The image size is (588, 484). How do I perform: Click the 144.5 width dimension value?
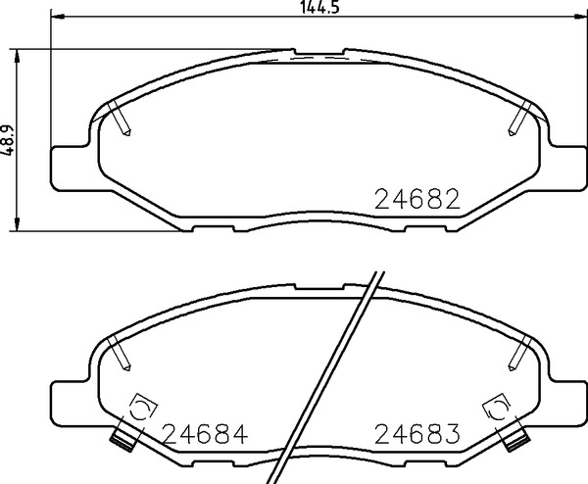[319, 7]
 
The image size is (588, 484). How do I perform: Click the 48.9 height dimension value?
[7, 140]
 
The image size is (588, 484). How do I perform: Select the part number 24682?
[417, 199]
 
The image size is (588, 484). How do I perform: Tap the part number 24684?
[206, 434]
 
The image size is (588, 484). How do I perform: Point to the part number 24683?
[417, 434]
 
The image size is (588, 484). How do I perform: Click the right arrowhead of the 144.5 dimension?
[580, 16]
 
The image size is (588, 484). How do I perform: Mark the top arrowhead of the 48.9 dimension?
[16, 56]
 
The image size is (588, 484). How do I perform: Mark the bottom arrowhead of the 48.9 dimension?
[16, 224]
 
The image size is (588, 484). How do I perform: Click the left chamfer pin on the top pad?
[120, 119]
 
